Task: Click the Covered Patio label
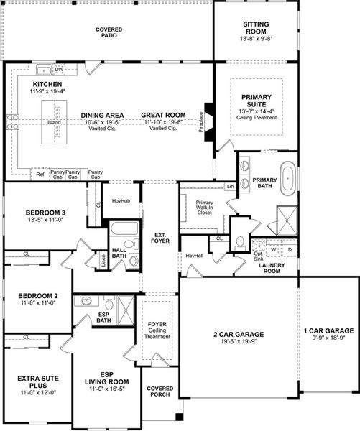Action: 109,32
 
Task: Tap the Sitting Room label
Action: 256,28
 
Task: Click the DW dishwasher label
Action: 60,70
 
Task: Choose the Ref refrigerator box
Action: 40,174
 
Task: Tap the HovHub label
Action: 119,201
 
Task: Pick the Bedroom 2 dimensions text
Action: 37,303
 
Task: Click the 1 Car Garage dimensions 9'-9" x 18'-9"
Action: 328,338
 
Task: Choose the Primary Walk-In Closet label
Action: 206,208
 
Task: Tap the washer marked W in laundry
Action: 274,249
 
